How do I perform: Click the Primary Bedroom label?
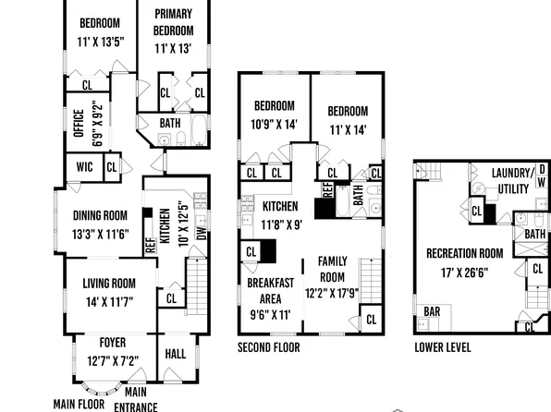coord(173,20)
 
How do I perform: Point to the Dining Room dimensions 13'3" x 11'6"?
coord(100,235)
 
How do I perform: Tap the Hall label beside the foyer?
coord(175,354)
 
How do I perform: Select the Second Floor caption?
coord(269,348)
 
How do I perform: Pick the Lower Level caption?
coord(442,348)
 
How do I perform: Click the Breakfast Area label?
coord(270,291)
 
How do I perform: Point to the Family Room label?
coord(332,270)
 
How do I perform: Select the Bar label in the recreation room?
coord(432,312)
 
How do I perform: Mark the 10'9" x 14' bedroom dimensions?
coord(274,124)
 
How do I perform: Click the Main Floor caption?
coord(80,404)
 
